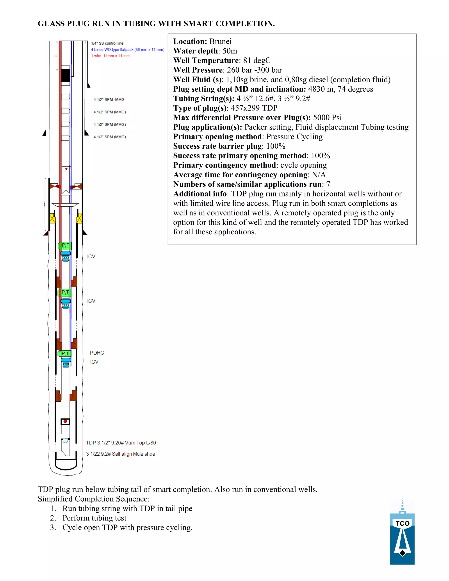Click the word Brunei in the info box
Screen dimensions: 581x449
coord(220,41)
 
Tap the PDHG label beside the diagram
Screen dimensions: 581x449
coord(97,353)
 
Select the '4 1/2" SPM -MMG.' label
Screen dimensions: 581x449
coord(109,100)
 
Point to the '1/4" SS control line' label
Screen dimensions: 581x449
coord(107,43)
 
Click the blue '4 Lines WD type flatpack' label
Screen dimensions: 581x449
coord(128,50)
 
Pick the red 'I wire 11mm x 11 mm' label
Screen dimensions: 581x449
coord(111,56)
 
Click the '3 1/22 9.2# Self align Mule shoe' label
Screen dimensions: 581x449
coord(121,454)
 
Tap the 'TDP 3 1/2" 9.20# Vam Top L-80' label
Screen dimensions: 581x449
coord(121,443)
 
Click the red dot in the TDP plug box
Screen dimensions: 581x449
coord(65,421)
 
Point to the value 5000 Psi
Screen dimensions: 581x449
coord(327,118)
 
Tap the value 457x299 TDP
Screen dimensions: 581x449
coord(254,108)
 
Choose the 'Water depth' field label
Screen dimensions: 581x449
coord(196,51)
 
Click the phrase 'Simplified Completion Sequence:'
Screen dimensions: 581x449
coord(94,499)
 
